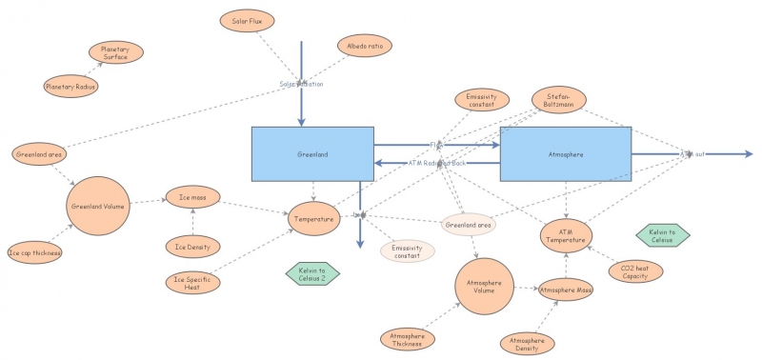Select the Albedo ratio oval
tap(364, 45)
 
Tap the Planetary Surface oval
tap(115, 52)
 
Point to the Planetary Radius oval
tap(71, 87)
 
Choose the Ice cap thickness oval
tap(34, 252)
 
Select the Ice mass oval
tap(193, 197)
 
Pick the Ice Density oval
tap(193, 247)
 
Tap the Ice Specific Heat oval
tap(193, 283)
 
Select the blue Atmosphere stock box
tap(565, 153)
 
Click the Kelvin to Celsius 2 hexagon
tap(312, 274)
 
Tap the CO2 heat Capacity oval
tap(635, 271)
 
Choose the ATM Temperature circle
tap(568, 234)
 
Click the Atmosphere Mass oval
tap(566, 289)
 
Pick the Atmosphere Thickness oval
tap(407, 339)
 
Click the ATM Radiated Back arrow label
tap(437, 163)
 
